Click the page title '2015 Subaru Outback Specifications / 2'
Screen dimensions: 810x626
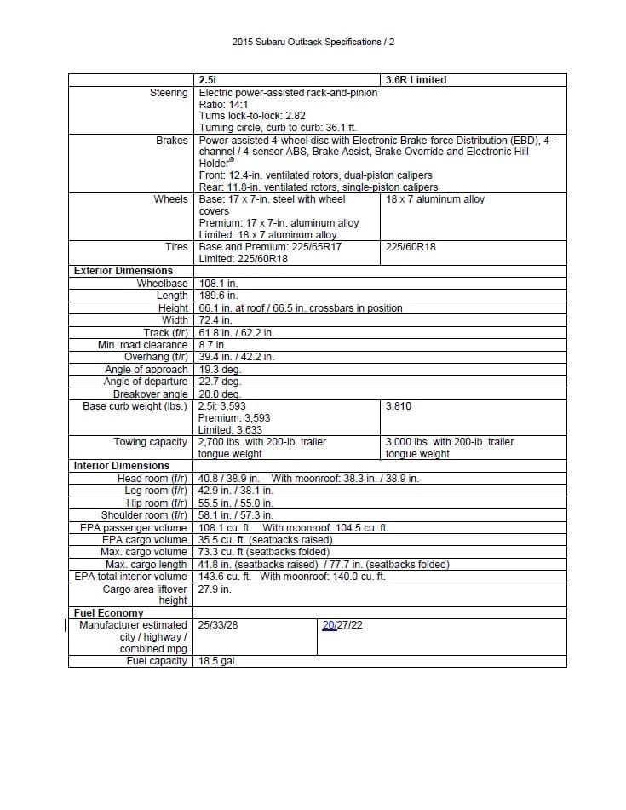[313, 41]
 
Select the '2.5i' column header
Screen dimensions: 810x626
[208, 80]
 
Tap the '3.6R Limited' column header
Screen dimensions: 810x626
[416, 80]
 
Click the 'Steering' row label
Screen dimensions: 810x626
[169, 92]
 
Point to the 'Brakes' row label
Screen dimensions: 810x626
[172, 140]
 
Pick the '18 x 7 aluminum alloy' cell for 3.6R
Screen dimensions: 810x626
[435, 199]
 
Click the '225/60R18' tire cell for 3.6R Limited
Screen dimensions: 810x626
[411, 247]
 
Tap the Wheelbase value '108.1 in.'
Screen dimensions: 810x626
[218, 283]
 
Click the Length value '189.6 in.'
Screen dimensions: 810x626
[218, 296]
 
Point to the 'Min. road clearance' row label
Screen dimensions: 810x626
[142, 345]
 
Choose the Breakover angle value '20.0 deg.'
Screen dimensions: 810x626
[220, 394]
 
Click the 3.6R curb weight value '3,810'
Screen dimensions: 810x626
[399, 406]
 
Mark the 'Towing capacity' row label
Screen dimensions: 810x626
[151, 442]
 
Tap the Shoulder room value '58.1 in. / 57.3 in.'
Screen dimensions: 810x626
[236, 514]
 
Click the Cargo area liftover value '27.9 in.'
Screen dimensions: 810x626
[215, 589]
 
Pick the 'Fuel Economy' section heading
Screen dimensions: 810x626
[108, 612]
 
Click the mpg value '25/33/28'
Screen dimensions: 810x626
[218, 625]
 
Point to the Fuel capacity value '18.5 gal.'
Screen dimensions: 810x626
[217, 661]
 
